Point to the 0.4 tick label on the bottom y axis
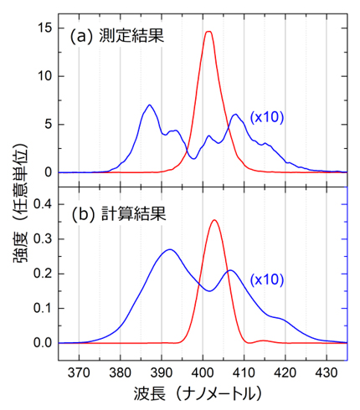point(42,203)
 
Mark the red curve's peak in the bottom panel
point(215,220)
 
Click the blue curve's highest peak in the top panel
point(149,105)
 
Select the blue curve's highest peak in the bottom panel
point(170,249)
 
